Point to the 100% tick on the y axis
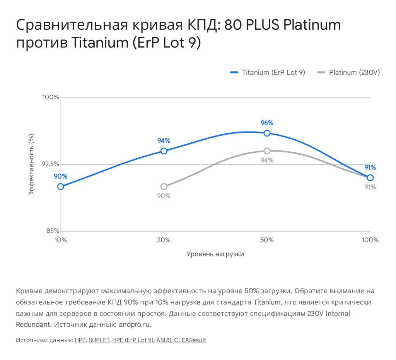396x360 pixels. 51,97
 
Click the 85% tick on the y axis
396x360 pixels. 53,231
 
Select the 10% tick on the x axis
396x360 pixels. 61,240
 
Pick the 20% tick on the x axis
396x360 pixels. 164,240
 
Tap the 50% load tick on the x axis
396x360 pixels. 267,240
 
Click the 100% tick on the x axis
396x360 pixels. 370,240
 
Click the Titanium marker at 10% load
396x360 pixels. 61,186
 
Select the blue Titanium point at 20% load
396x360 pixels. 164,151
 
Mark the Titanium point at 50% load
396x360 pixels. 267,133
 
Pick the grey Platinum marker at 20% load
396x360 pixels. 164,186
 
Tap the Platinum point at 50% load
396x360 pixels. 267,151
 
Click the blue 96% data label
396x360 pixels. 267,123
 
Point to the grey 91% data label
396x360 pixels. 370,187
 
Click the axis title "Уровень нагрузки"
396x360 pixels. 215,254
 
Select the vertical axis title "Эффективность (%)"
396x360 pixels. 31,164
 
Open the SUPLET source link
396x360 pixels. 99,340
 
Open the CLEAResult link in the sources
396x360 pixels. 190,340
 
